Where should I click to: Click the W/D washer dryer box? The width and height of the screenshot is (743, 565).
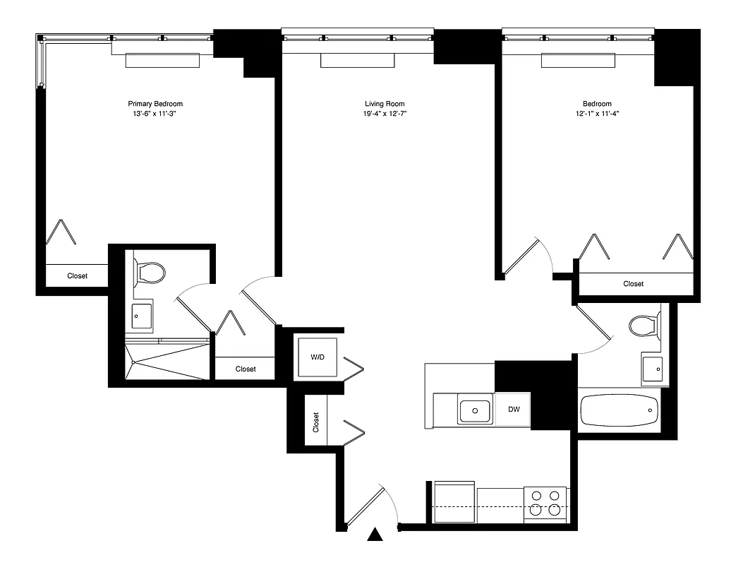point(318,357)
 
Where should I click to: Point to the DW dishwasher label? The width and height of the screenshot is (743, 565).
point(513,409)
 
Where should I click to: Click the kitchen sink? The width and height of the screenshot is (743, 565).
point(475,409)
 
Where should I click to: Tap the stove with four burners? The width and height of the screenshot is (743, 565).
point(545,504)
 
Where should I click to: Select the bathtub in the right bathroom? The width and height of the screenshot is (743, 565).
point(619,410)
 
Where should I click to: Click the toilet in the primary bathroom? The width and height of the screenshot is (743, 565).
point(150,271)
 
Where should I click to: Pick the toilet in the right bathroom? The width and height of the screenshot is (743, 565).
point(643,326)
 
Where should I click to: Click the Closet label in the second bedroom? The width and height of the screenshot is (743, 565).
point(633,284)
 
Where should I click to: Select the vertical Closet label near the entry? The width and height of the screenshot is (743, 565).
point(316,422)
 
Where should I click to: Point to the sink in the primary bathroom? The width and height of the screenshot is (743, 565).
point(143,315)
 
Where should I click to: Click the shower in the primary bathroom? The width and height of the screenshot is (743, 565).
point(168,362)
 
